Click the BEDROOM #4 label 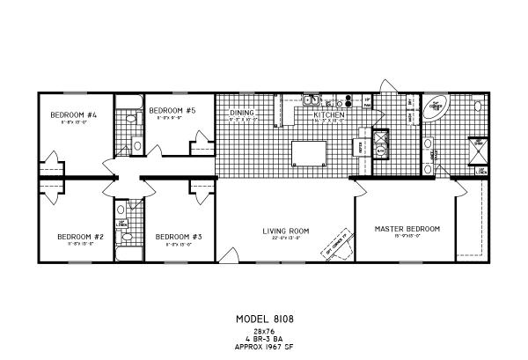pyautogui.click(x=66, y=115)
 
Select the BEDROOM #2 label pyautogui.click(x=74, y=236)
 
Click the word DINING pyautogui.click(x=242, y=114)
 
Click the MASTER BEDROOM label pyautogui.click(x=407, y=229)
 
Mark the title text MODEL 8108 pyautogui.click(x=263, y=319)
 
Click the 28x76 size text pyautogui.click(x=263, y=330)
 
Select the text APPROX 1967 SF pyautogui.click(x=263, y=344)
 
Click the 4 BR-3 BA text pyautogui.click(x=263, y=337)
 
